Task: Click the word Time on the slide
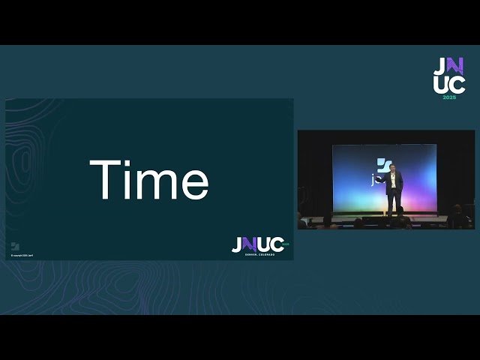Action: (148, 180)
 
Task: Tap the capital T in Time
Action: (104, 179)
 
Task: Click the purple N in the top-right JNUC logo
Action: (448, 66)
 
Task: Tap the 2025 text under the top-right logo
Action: (448, 97)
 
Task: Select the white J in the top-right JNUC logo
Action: (438, 66)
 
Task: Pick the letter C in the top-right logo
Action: (458, 84)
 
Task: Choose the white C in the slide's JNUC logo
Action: (275, 244)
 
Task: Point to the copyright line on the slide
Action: (22, 256)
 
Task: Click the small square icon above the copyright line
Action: (14, 246)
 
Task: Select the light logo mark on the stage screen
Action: (383, 165)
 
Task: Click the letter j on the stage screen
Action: (373, 181)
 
